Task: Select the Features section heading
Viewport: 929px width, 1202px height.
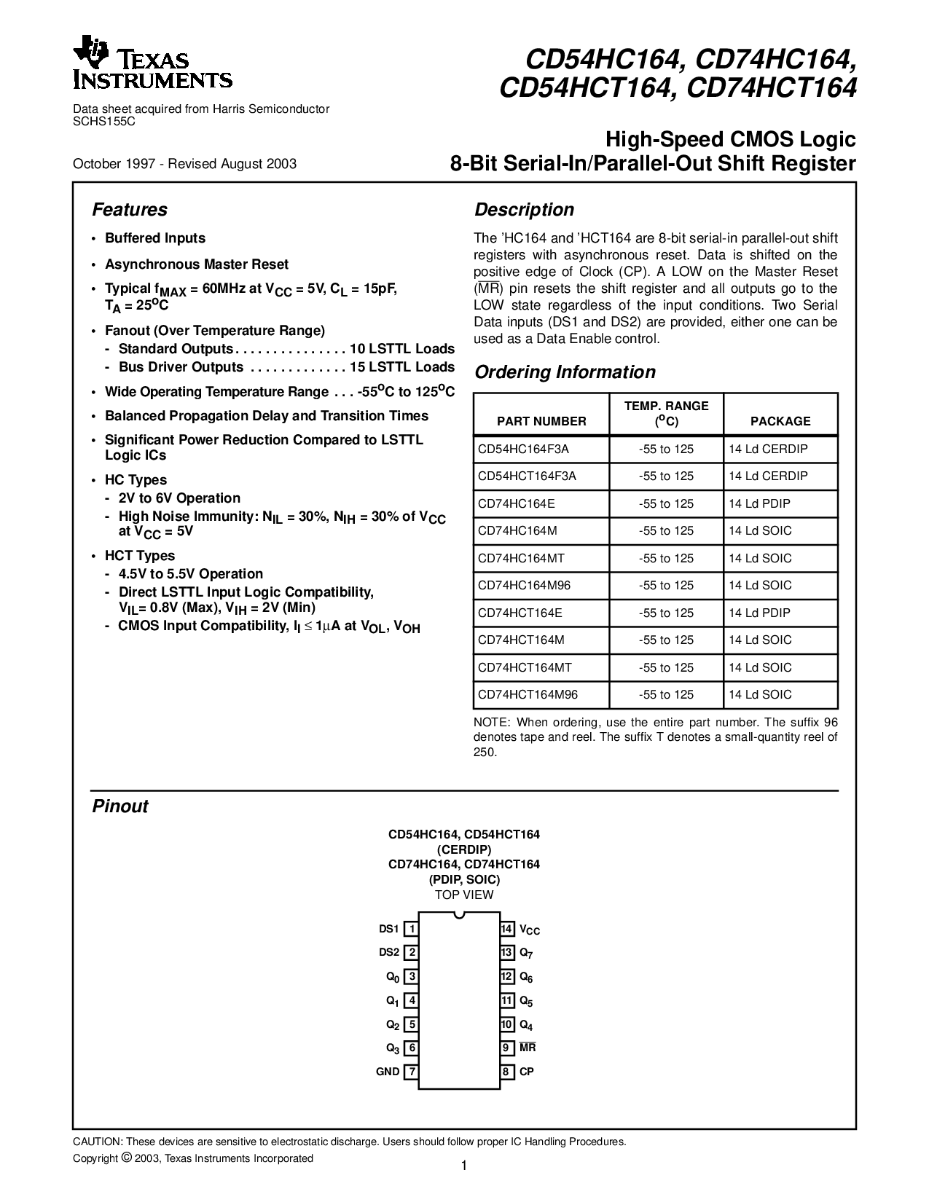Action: coord(130,210)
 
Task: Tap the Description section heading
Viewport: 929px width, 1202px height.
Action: coord(524,210)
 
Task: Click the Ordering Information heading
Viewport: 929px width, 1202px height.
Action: coord(565,372)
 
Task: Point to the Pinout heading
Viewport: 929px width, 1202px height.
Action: coord(120,806)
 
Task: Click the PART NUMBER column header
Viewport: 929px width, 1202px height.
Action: coord(541,421)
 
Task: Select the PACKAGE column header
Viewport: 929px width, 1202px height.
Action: coord(780,421)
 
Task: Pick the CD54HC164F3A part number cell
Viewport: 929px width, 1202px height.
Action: coord(523,449)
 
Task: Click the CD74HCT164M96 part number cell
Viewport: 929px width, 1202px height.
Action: coord(528,694)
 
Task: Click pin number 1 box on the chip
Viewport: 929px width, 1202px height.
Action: coord(411,929)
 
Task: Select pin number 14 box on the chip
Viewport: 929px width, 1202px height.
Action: coord(507,929)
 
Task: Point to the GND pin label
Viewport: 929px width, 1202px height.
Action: coord(388,1072)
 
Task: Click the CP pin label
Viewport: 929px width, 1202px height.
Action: coord(527,1072)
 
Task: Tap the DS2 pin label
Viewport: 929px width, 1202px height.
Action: coord(389,952)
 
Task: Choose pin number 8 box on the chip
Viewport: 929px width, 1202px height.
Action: coord(507,1072)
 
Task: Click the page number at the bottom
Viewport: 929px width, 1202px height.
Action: coord(463,1166)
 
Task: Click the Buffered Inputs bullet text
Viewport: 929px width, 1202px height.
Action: coord(155,238)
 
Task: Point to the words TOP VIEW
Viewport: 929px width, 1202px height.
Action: coord(464,895)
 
